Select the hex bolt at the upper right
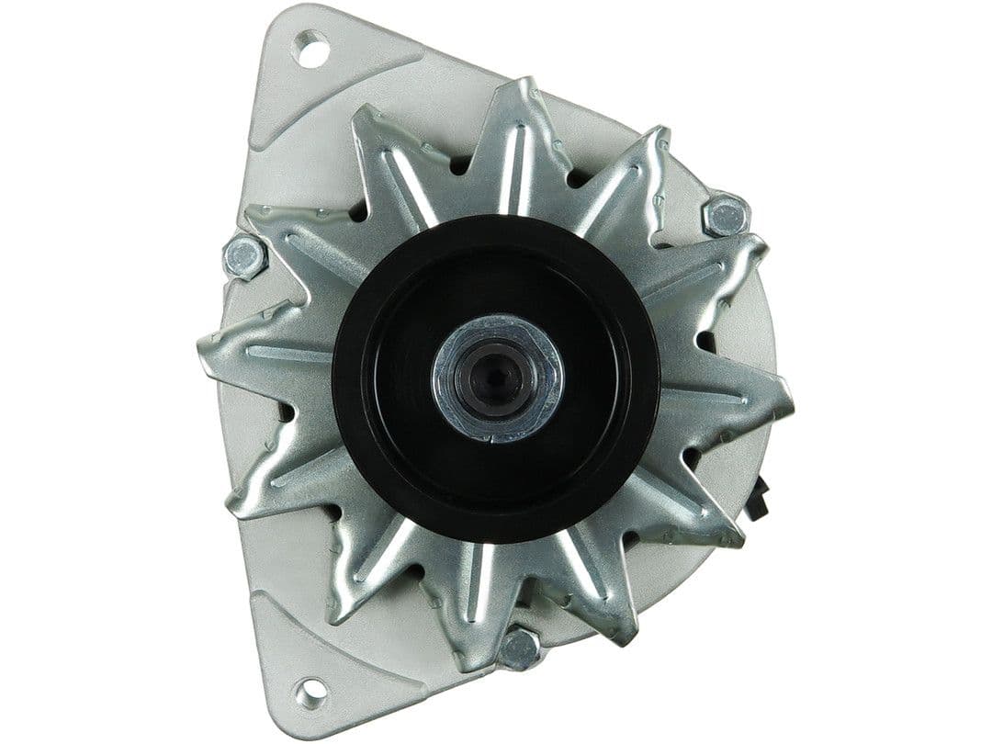(726, 217)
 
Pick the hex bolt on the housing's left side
(245, 255)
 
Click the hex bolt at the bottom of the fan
(520, 648)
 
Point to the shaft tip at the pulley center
(497, 377)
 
